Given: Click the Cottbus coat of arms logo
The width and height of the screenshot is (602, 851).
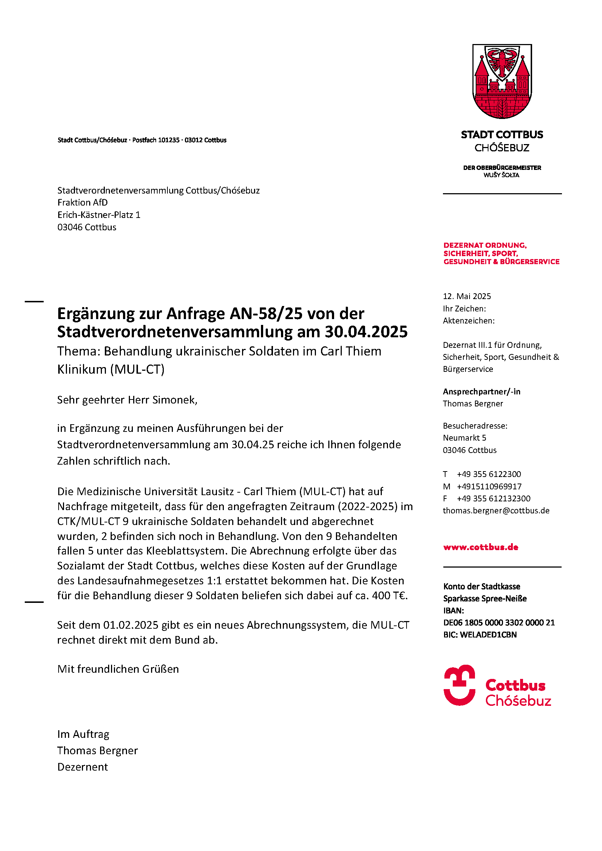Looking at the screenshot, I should click(x=502, y=81).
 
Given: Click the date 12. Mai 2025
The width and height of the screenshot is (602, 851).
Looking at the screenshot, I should click(x=467, y=296).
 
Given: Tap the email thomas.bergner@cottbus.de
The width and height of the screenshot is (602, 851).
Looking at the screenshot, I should click(x=496, y=510).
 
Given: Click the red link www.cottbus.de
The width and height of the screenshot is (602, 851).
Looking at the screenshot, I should click(x=480, y=547).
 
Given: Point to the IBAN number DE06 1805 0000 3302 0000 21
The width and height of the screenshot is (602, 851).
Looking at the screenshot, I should click(x=499, y=622).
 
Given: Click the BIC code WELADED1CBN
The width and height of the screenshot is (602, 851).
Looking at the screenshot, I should click(x=488, y=635).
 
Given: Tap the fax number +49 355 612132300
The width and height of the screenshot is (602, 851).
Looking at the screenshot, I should click(x=494, y=498).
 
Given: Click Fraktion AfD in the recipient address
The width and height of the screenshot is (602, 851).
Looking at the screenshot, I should click(x=82, y=202).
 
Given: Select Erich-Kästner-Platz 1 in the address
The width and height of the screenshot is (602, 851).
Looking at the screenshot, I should click(x=99, y=215).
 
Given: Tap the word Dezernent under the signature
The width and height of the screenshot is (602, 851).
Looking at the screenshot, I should click(x=82, y=767).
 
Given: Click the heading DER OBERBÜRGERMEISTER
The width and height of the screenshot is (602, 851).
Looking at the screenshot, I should click(x=502, y=167).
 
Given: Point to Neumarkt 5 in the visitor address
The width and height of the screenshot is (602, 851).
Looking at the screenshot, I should click(x=464, y=438).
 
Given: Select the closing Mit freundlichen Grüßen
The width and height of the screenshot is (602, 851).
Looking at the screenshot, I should click(x=118, y=669).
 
